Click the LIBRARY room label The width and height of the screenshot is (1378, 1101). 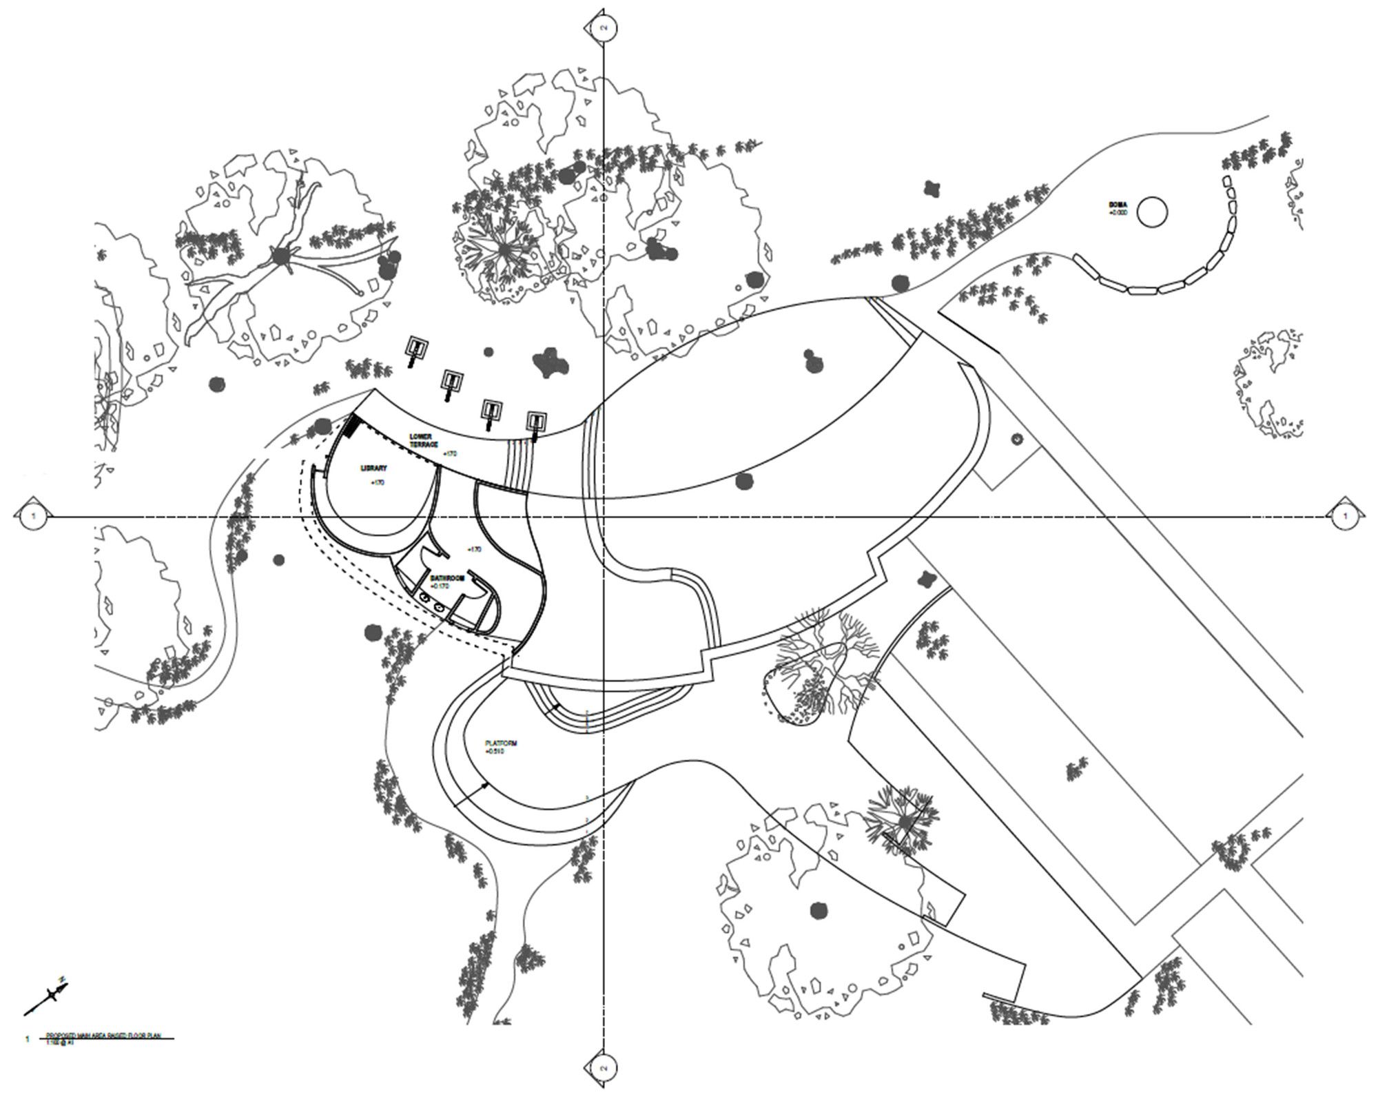click(x=373, y=469)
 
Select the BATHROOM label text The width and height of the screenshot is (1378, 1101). click(x=448, y=578)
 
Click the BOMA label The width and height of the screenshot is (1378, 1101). click(x=1117, y=205)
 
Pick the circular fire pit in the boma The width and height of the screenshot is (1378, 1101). click(x=1151, y=212)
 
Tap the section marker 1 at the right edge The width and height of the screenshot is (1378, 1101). click(x=1344, y=515)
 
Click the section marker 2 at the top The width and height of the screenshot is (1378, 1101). click(x=604, y=28)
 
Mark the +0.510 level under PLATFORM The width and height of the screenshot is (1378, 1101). click(x=495, y=752)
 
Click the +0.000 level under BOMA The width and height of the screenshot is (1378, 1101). click(x=1118, y=213)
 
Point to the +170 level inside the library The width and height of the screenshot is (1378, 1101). click(x=378, y=482)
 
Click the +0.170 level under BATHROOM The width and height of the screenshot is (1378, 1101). click(x=440, y=586)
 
